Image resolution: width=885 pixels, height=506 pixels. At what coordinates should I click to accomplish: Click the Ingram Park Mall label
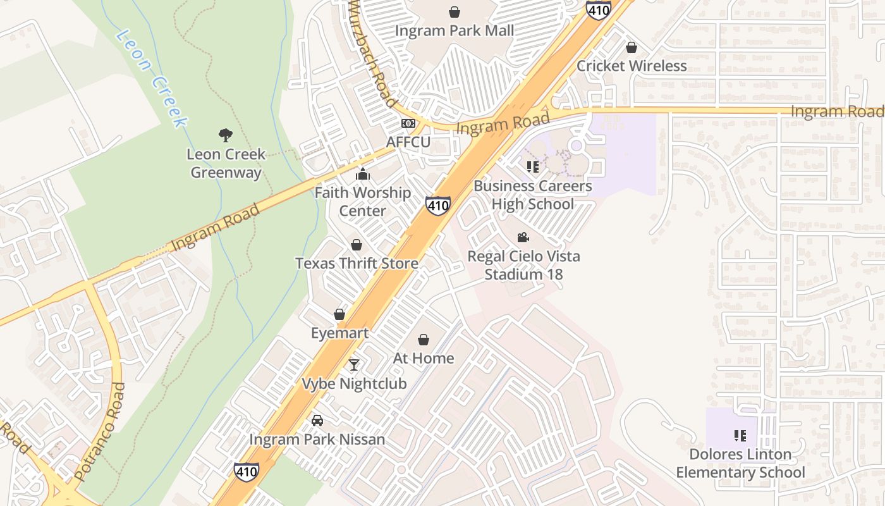[x=454, y=30]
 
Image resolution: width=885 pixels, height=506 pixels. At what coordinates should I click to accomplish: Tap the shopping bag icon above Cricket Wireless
[x=631, y=47]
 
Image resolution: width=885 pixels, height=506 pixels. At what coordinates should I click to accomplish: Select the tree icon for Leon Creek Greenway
[x=226, y=135]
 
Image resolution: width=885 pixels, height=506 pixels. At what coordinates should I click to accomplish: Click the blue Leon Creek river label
[x=152, y=79]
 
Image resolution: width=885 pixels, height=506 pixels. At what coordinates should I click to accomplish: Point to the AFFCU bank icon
[x=408, y=123]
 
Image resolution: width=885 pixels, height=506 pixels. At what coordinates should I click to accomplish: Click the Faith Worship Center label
[x=363, y=201]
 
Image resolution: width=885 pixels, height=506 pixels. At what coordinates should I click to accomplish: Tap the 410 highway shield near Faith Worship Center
[x=438, y=206]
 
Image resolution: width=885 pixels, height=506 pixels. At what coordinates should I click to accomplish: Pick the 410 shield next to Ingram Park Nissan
[x=246, y=471]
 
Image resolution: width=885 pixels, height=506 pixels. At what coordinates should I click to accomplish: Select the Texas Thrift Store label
[x=357, y=263]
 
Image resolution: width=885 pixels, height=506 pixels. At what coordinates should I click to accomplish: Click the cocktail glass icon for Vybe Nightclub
[x=354, y=365]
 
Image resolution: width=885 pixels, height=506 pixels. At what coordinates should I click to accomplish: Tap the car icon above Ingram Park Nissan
[x=317, y=421]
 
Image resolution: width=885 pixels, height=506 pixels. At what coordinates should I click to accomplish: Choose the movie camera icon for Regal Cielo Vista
[x=523, y=238]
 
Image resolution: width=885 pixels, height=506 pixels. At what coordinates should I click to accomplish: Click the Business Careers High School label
[x=532, y=195]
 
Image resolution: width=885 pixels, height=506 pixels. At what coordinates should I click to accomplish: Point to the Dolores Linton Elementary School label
[x=740, y=463]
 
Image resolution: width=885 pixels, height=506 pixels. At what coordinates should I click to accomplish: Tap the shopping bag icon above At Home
[x=424, y=340]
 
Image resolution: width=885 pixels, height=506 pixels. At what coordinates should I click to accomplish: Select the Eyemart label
[x=339, y=333]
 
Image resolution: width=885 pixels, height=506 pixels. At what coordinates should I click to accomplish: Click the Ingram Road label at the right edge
[x=837, y=112]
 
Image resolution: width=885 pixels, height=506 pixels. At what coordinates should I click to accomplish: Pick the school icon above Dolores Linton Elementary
[x=740, y=435]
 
